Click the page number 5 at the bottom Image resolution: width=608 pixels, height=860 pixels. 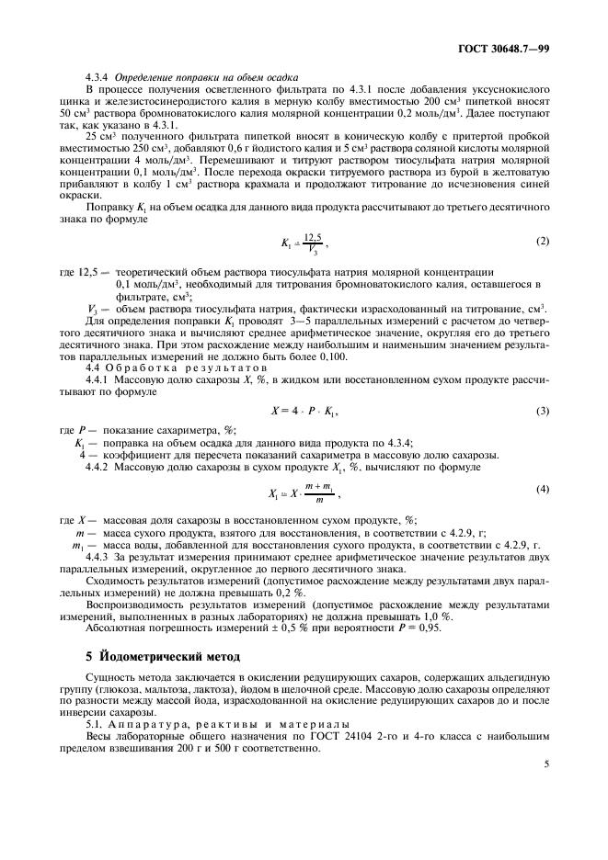(x=547, y=763)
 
